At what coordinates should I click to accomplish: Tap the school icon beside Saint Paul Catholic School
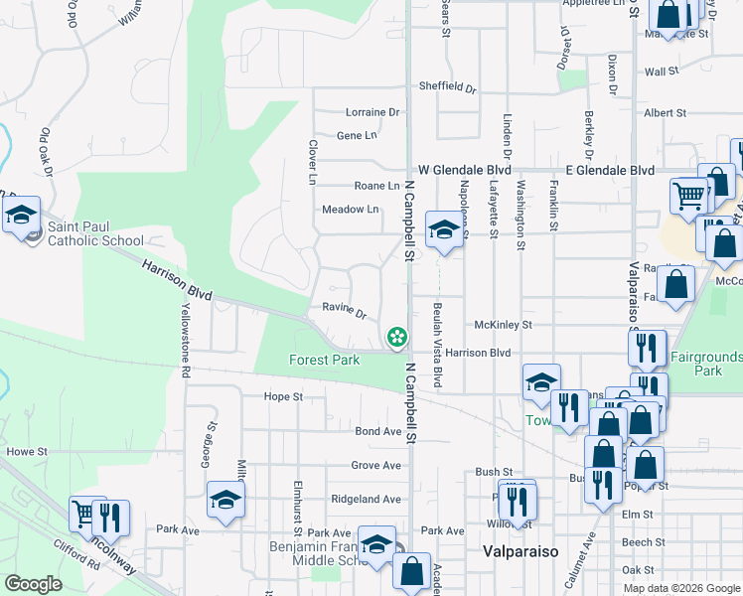point(20,215)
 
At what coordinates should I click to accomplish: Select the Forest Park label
point(324,360)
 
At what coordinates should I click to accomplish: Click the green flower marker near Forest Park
point(397,338)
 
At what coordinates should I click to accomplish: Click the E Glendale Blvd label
point(610,170)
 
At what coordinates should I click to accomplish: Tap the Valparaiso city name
point(520,551)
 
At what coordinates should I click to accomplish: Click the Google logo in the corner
point(33,584)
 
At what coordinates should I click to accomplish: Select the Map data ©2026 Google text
point(681,588)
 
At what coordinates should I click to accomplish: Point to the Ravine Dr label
point(344,308)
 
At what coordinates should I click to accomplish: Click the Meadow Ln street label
point(350,210)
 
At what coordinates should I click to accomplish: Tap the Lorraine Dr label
point(371,112)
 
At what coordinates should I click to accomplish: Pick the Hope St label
point(283,396)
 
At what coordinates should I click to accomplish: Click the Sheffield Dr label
point(447,86)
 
